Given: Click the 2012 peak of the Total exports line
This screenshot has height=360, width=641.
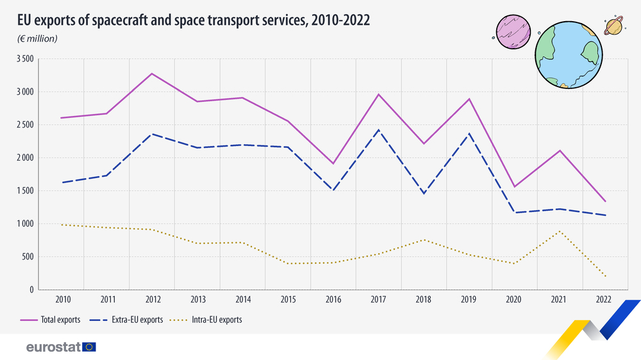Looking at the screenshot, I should (x=152, y=74).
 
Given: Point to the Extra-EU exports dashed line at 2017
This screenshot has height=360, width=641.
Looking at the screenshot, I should (x=379, y=130).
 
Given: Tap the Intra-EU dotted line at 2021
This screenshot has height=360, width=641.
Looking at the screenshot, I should (x=560, y=231).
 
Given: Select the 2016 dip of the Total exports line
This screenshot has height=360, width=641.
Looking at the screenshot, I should (x=333, y=163).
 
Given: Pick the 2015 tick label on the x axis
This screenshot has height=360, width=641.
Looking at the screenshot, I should (x=288, y=299).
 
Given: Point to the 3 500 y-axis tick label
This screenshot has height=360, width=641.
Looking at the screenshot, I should (x=24, y=59).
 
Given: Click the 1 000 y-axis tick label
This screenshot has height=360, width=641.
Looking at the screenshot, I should (x=24, y=224).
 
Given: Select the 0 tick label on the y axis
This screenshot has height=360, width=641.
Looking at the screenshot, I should (x=30, y=290).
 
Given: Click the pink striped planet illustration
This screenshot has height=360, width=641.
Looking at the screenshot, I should (x=513, y=31).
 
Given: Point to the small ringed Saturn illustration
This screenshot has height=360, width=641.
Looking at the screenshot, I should (x=614, y=26).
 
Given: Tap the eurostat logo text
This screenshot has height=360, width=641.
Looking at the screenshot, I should (x=53, y=347).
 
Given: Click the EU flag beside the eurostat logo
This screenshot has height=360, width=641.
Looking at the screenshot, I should (x=89, y=347).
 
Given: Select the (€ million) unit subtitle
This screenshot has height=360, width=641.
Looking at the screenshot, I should (x=38, y=38).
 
